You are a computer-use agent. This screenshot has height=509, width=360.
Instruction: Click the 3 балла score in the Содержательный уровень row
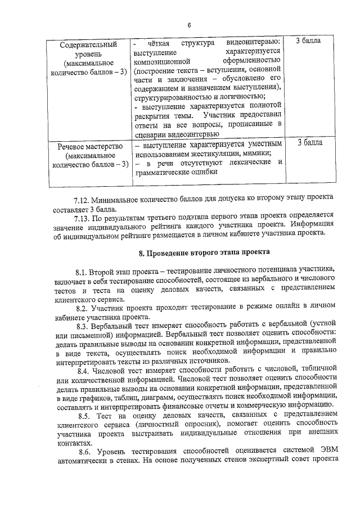pos(309,42)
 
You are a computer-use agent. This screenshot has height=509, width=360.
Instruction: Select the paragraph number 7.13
pos(82,215)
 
